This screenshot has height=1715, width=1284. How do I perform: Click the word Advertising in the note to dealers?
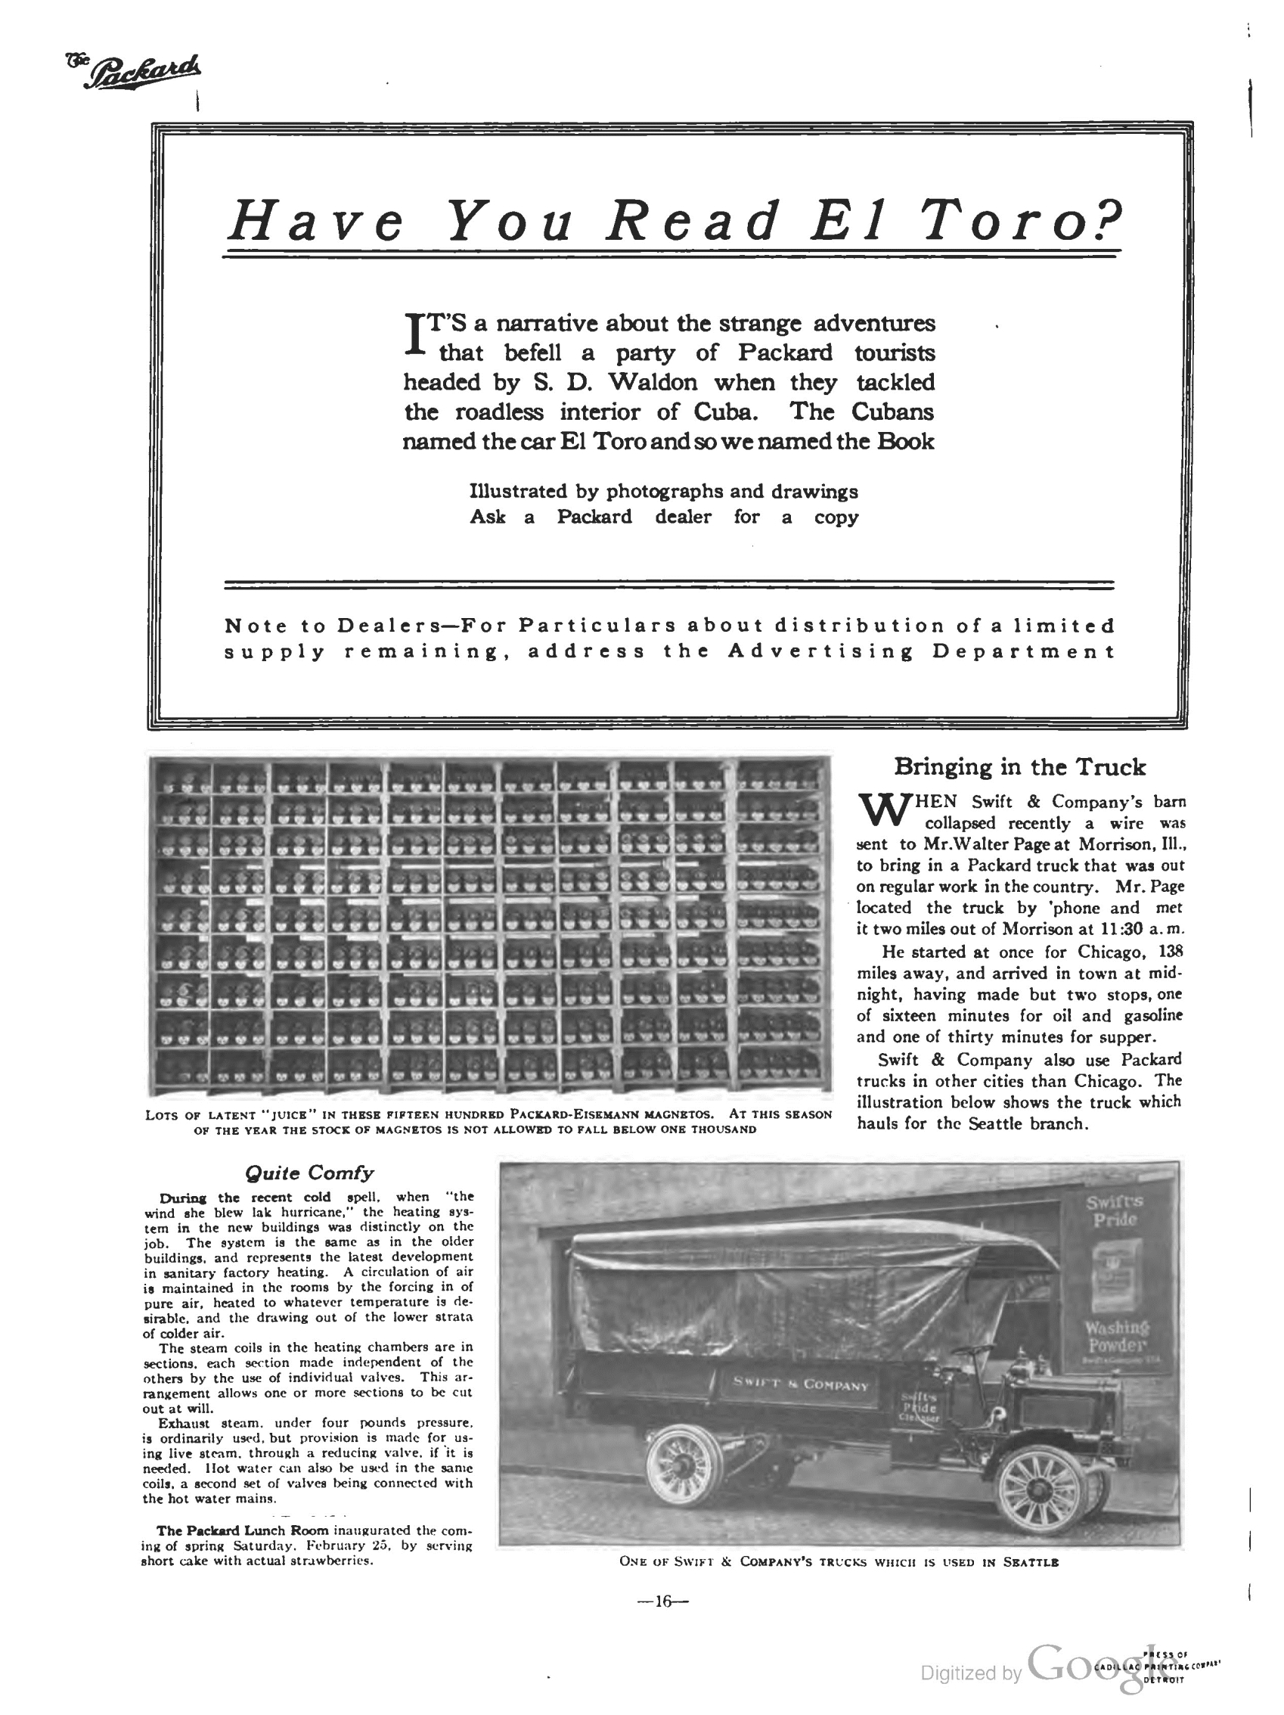(820, 651)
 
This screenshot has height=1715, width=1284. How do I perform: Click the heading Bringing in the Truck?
(1019, 767)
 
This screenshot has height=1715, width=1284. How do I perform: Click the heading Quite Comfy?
(309, 1173)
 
